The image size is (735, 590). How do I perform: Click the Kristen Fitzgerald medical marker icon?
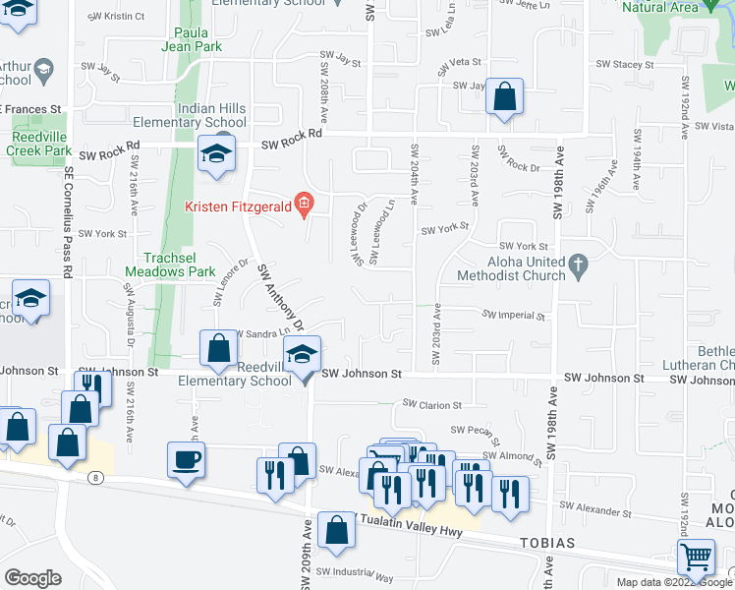[304, 206]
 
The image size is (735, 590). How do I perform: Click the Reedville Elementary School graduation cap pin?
[302, 354]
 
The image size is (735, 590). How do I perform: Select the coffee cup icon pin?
[186, 459]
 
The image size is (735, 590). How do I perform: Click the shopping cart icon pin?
[696, 557]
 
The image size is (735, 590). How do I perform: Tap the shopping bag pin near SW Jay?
[503, 97]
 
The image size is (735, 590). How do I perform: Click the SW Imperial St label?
[513, 316]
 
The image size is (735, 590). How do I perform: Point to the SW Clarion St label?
[432, 404]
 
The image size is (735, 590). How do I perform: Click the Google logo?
[33, 578]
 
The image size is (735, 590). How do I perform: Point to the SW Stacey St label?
[624, 65]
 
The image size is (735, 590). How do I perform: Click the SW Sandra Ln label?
[257, 334]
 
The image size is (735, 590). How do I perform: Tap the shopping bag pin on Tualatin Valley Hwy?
[336, 529]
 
